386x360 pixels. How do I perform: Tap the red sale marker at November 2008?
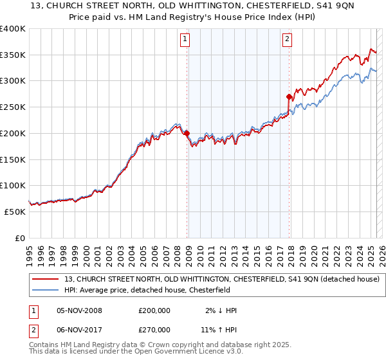[x=187, y=134]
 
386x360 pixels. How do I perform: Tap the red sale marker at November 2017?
[x=289, y=97]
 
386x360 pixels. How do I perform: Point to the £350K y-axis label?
[x=13, y=55]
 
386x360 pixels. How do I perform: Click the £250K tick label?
[x=13, y=107]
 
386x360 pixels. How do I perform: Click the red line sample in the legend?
[x=46, y=280]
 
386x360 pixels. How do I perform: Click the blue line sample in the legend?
[x=46, y=290]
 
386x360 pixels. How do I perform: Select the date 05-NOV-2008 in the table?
[x=80, y=310]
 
